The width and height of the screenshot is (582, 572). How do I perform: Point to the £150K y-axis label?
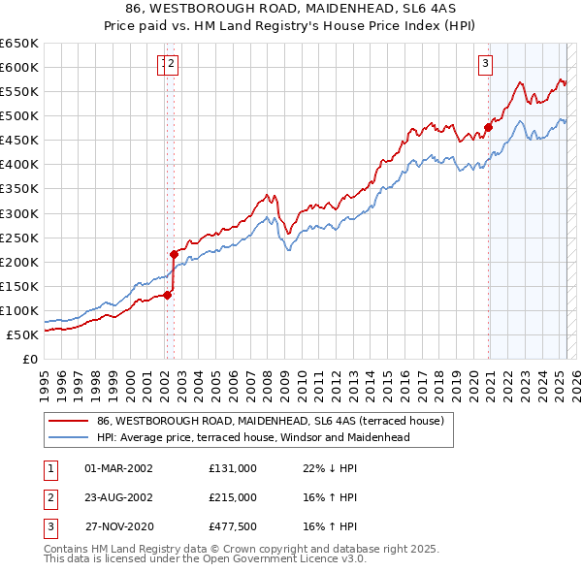click(19, 286)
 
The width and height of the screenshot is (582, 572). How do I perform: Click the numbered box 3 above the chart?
click(484, 65)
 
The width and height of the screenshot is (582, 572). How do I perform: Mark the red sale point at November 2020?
click(488, 126)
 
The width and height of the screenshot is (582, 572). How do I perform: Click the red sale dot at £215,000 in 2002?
click(175, 254)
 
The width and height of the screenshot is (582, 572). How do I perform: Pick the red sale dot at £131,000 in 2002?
click(167, 295)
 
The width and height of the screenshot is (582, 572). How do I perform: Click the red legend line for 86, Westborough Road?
click(67, 422)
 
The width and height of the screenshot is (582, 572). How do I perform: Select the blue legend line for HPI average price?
click(67, 437)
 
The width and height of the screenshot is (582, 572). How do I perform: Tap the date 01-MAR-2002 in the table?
click(119, 468)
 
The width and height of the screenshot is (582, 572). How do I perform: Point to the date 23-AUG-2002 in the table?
click(119, 496)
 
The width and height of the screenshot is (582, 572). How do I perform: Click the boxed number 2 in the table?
click(49, 496)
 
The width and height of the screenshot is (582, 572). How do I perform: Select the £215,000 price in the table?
click(233, 496)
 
